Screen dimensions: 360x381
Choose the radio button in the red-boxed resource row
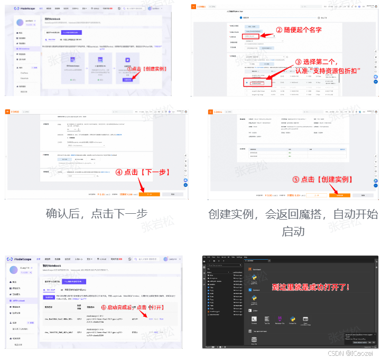pyautogui.click(x=247, y=83)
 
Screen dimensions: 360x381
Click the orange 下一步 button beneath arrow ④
pyautogui.click(x=149, y=195)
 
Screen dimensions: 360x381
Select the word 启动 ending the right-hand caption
pyautogui.click(x=292, y=231)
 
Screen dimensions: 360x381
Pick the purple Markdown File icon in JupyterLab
pyautogui.click(x=280, y=319)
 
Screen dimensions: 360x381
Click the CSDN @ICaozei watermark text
pyautogui.click(x=355, y=353)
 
